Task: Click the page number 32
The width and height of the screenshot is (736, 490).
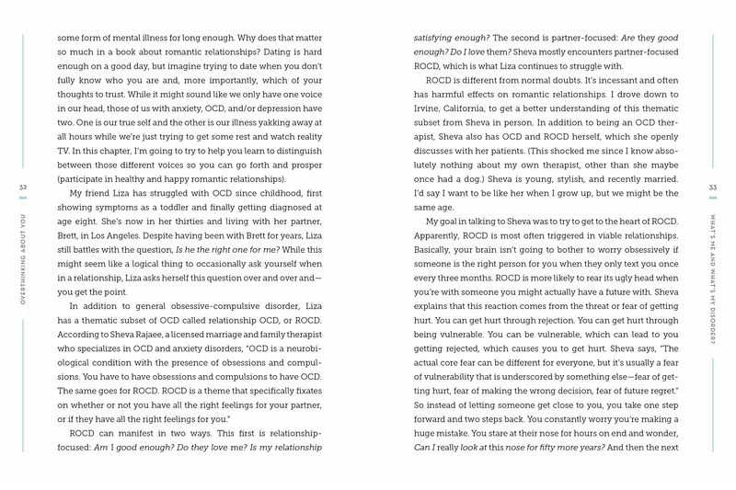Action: (x=22, y=188)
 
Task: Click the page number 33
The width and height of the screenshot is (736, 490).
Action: (x=713, y=188)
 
